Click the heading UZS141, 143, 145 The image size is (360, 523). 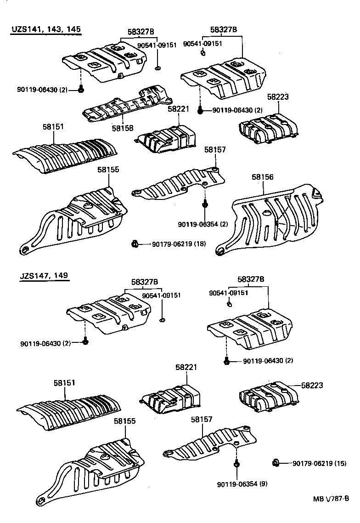pyautogui.click(x=46, y=29)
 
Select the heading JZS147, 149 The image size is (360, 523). pyautogui.click(x=44, y=276)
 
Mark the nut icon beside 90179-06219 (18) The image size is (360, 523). pyautogui.click(x=135, y=244)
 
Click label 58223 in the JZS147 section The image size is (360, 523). pyautogui.click(x=312, y=385)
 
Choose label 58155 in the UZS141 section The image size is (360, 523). pyautogui.click(x=108, y=170)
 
